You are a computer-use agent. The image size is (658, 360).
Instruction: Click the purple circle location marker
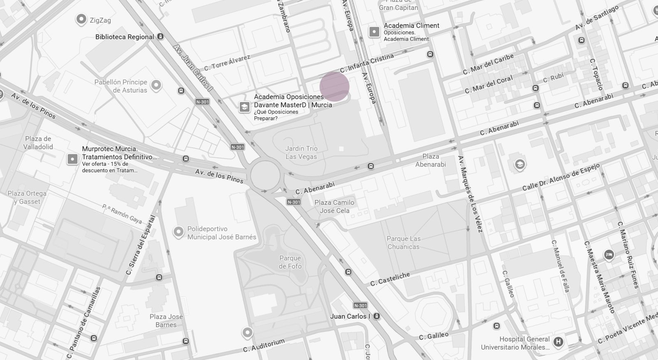click(334, 87)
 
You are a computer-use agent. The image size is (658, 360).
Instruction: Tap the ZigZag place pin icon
click(81, 19)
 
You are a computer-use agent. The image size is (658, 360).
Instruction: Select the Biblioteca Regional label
click(125, 37)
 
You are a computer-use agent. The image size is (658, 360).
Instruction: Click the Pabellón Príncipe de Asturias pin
click(156, 85)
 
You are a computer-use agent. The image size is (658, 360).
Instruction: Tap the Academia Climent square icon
click(374, 32)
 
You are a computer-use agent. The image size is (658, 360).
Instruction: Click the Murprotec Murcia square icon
click(72, 159)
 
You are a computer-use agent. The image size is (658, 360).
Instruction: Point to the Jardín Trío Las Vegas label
click(301, 152)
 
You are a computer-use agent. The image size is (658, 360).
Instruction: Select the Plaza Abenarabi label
click(431, 160)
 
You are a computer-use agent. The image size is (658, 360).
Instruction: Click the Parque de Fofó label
click(290, 262)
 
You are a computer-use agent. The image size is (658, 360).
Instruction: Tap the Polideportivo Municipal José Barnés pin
click(178, 232)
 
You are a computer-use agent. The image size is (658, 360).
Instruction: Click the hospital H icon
click(558, 341)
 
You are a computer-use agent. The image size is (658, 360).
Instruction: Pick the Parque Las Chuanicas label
click(403, 242)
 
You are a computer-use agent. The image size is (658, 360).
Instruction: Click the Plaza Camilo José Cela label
click(334, 206)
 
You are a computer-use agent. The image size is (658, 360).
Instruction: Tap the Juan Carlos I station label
click(350, 316)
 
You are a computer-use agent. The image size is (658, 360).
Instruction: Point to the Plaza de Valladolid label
click(38, 142)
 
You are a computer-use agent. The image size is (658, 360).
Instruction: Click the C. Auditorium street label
click(264, 345)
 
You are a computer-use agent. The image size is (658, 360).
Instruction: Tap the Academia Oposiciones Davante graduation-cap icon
click(244, 107)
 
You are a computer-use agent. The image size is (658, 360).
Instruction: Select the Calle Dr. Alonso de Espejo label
click(561, 177)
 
